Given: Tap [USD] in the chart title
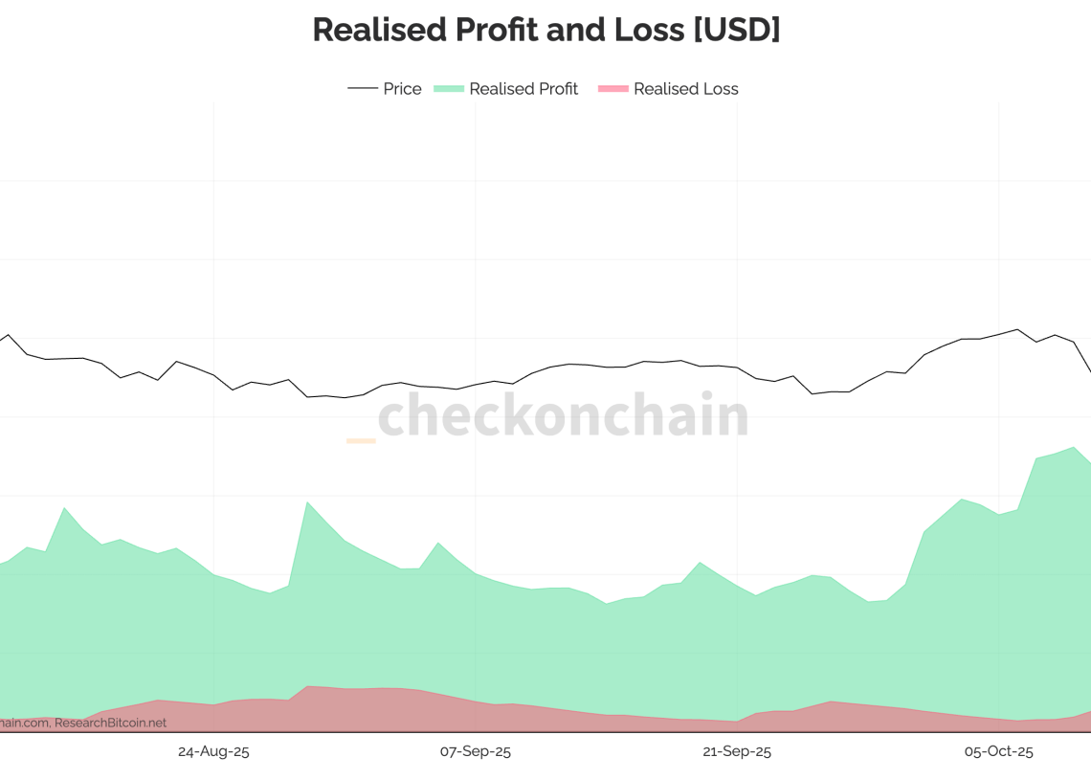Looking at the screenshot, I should (x=736, y=30).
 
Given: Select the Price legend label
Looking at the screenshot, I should (x=402, y=89).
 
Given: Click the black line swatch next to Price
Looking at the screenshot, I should (x=363, y=89).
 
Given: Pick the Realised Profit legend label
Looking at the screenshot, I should (x=523, y=89).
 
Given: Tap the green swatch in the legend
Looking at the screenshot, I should (x=449, y=89).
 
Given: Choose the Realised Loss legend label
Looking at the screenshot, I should (x=686, y=89).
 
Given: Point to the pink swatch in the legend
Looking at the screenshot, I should (x=612, y=89).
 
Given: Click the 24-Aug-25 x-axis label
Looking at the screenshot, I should (x=213, y=751).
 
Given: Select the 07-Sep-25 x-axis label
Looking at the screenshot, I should (x=476, y=751).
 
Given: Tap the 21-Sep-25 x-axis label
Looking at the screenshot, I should (x=737, y=751).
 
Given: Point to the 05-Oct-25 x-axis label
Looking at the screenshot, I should (x=998, y=751).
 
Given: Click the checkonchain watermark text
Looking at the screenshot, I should (x=563, y=415).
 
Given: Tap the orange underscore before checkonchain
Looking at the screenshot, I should (x=361, y=440).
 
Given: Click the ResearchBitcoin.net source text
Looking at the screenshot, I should (x=110, y=724).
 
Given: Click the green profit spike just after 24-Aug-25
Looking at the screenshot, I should (x=307, y=502).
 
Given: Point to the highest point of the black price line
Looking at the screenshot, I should (x=1017, y=330).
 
